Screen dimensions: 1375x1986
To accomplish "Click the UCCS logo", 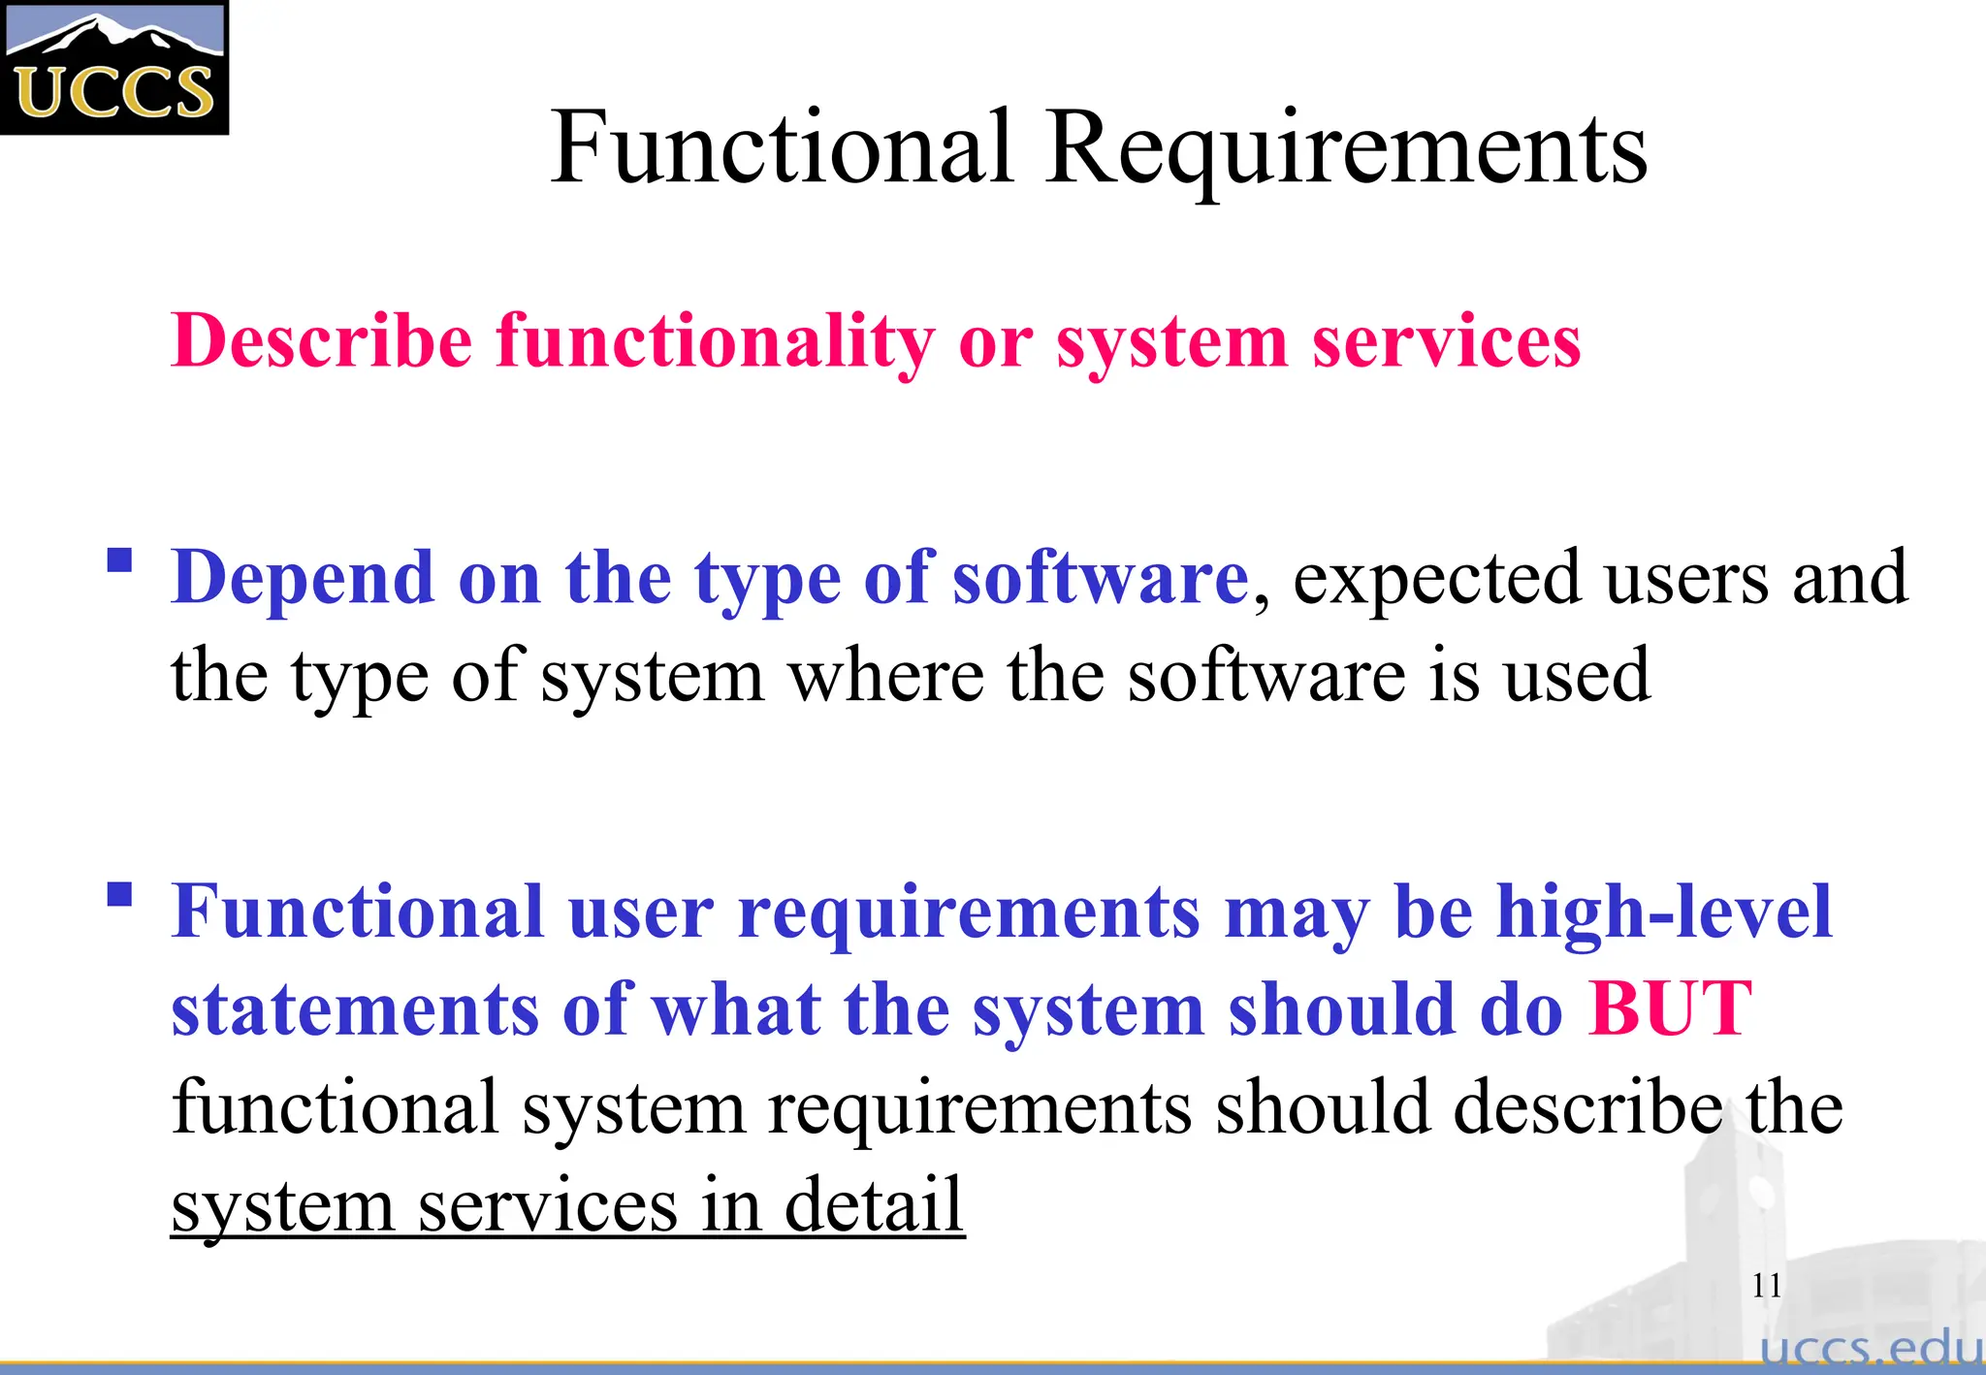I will (113, 68).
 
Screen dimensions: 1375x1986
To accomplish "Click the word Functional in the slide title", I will (782, 147).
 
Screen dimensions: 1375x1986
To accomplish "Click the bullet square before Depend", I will (119, 561).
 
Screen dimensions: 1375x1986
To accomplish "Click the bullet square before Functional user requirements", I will (119, 894).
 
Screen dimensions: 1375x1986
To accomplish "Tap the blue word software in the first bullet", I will (1101, 578).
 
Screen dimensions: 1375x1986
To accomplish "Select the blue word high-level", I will (1664, 911).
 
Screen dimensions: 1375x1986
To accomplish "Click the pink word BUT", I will (1670, 1009).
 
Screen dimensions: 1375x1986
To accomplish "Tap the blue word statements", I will (354, 1009).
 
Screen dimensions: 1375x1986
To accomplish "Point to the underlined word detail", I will (874, 1204).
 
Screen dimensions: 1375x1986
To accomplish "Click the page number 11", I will (1767, 1286).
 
